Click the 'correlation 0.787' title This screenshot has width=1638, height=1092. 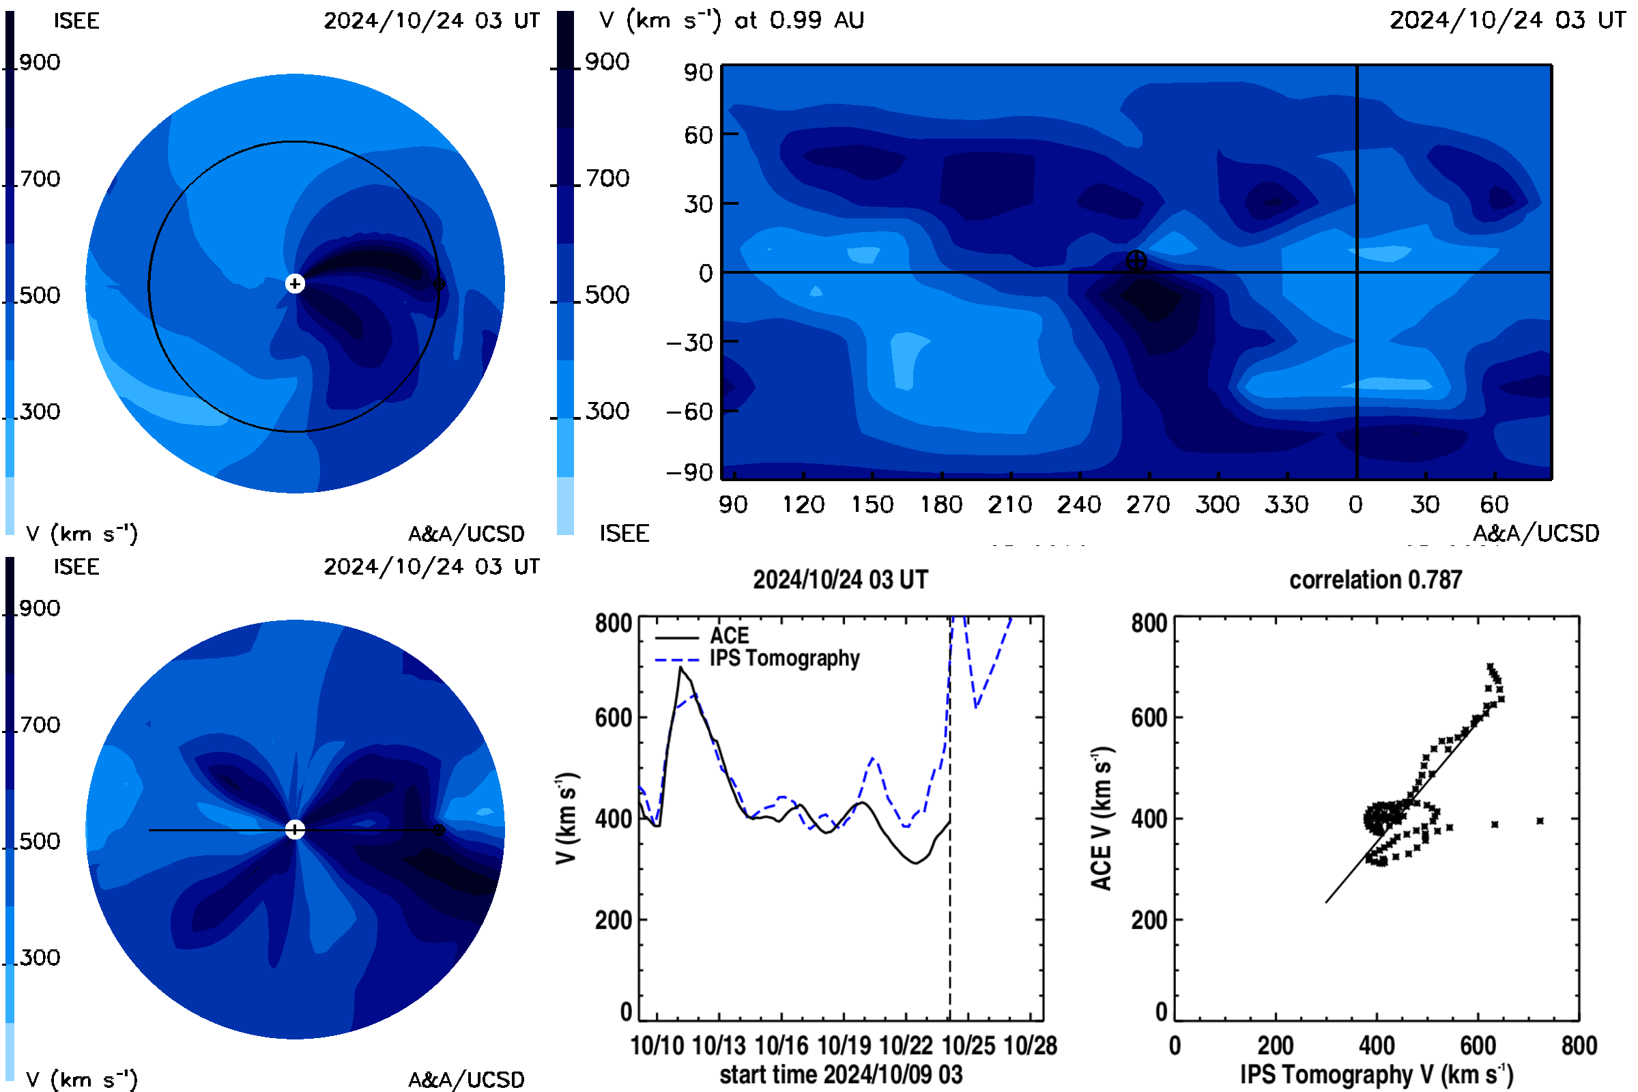1375,579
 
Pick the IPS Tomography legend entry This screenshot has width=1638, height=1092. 757,658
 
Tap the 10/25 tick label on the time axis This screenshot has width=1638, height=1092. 967,1046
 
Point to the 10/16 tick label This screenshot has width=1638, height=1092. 781,1046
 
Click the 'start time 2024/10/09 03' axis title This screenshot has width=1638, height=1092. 841,1074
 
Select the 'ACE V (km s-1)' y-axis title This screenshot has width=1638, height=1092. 1101,818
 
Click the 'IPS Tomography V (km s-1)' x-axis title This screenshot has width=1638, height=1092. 1377,1074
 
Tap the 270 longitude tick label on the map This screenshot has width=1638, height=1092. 1148,504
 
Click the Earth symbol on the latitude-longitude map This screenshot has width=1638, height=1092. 1136,261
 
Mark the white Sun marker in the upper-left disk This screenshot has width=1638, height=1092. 295,283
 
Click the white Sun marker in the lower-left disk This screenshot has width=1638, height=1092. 295,829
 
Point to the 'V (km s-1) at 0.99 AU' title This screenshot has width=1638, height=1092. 731,20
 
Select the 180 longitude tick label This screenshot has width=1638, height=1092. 941,504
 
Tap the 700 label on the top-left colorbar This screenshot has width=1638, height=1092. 40,179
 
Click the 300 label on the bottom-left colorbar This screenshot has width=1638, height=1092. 40,958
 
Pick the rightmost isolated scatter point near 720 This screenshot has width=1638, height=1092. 1540,821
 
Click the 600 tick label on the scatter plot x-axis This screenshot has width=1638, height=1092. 1478,1046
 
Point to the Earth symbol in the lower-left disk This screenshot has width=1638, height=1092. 439,830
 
